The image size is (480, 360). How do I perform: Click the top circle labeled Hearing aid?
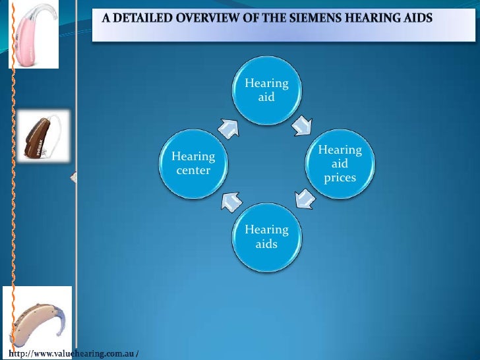[x=266, y=91]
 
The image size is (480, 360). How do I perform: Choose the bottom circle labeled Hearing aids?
[x=266, y=237]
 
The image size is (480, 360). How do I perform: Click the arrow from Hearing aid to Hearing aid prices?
[x=303, y=124]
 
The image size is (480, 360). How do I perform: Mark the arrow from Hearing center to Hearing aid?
[x=228, y=128]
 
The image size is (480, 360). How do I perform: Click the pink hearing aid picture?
[x=34, y=34]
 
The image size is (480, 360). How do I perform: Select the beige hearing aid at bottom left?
[x=37, y=318]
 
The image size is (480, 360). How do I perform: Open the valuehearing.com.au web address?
[x=73, y=354]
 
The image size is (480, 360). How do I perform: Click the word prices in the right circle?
[x=340, y=178]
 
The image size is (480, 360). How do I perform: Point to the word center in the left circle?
[x=193, y=171]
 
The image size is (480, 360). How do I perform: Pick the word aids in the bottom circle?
[x=266, y=244]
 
